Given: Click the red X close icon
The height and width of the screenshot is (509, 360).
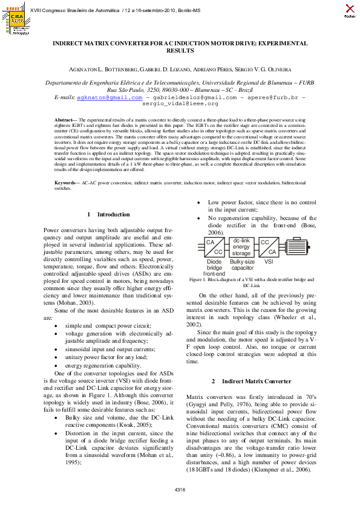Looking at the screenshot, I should tap(350, 9).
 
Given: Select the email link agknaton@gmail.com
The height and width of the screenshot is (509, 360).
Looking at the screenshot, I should tap(110, 97).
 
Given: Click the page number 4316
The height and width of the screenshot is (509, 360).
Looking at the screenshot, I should tap(180, 489).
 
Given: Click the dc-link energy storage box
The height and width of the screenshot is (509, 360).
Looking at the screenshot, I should tap(241, 246).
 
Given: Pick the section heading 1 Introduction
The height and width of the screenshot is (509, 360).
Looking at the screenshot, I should tap(109, 215).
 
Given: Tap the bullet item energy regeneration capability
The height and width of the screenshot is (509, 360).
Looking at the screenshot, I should tap(103, 366).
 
